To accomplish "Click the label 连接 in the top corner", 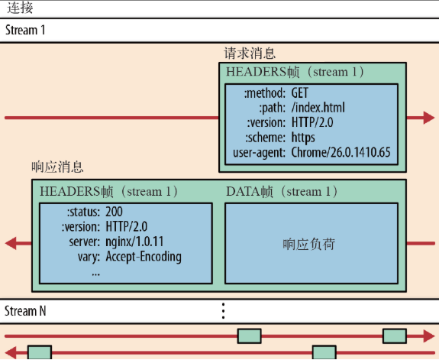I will pyautogui.click(x=20, y=8).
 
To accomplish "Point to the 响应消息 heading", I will pyautogui.click(x=57, y=167).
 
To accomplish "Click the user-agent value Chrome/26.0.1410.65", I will pyautogui.click(x=341, y=153).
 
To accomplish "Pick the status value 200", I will pyautogui.click(x=115, y=211).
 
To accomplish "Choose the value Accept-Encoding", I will pyautogui.click(x=144, y=257).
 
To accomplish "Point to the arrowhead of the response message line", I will pyautogui.click(x=12, y=244).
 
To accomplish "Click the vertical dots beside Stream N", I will pyautogui.click(x=223, y=311).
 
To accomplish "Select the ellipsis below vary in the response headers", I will pyautogui.click(x=95, y=271).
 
